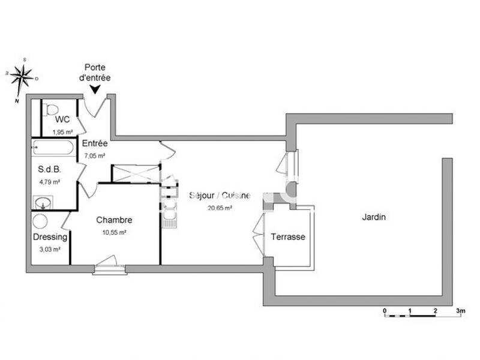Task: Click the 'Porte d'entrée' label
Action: [97, 73]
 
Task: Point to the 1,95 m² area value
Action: [62, 132]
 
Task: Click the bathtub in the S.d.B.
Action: [53, 148]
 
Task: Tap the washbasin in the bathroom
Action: [43, 202]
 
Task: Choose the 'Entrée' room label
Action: [95, 144]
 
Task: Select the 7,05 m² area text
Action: [94, 155]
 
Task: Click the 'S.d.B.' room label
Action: [49, 170]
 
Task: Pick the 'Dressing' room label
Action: [50, 237]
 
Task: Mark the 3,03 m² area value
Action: [50, 249]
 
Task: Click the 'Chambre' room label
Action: [114, 220]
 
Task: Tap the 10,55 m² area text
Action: [114, 232]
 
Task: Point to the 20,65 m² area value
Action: [220, 208]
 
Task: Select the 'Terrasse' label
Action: [288, 237]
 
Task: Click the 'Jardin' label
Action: [373, 217]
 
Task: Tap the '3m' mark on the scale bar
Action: [460, 312]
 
